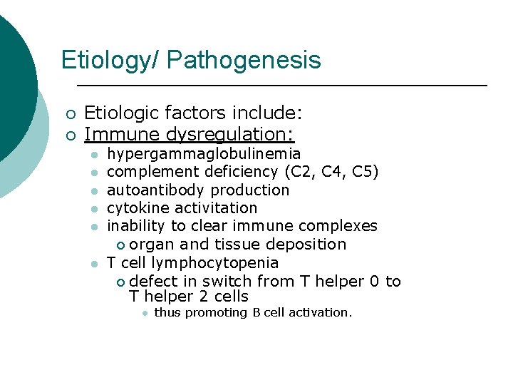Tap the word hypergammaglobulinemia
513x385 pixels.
[x=204, y=154]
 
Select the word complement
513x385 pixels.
[x=152, y=172]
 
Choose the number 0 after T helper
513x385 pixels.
[x=375, y=281]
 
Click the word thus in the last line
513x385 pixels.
[x=167, y=313]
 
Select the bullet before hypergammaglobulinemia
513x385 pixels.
[x=93, y=155]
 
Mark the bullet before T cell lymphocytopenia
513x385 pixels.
[x=93, y=263]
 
